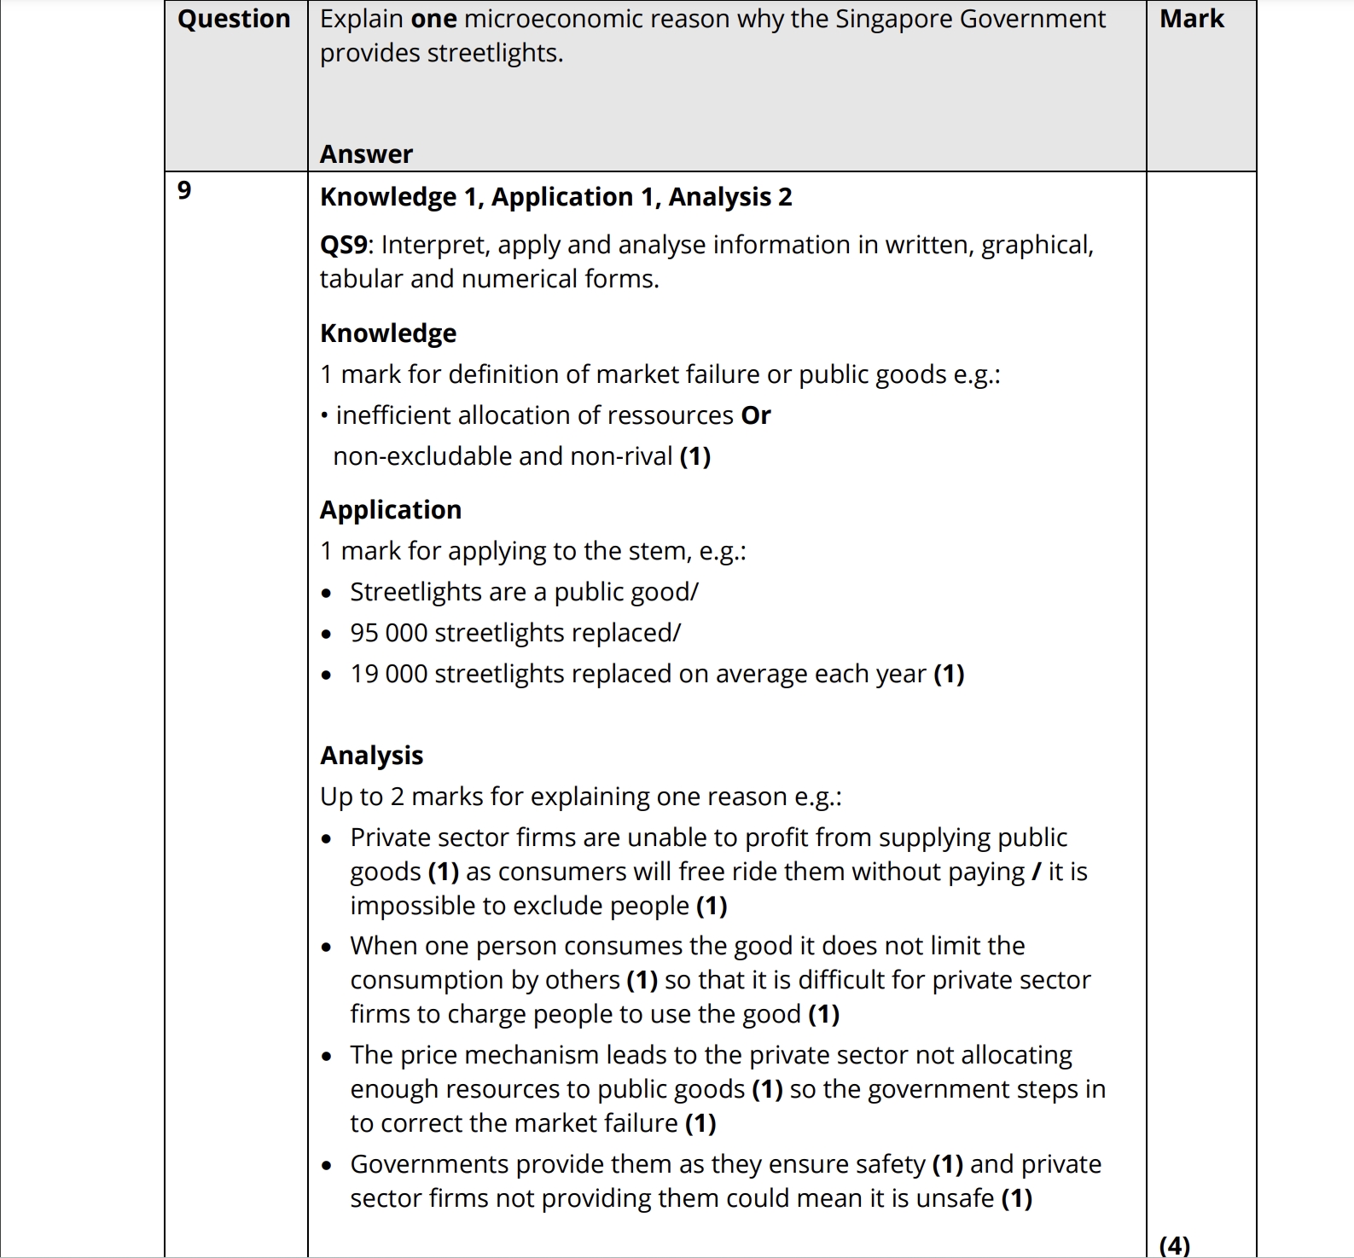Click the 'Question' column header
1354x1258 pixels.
[x=234, y=19]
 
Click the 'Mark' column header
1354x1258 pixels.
[x=1191, y=19]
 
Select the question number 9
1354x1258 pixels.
[x=184, y=190]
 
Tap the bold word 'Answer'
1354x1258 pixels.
[x=366, y=154]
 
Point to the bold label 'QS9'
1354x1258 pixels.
[x=344, y=246]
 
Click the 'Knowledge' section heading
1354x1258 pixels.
[x=388, y=333]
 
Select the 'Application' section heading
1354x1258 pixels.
[x=391, y=510]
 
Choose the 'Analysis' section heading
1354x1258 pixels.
[x=372, y=756]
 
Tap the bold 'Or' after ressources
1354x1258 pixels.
[x=756, y=415]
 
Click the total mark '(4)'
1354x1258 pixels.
[x=1174, y=1246]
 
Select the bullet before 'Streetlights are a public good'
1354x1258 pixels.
[x=327, y=594]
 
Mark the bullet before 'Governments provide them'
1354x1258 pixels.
[x=327, y=1166]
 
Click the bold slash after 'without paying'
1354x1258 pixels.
[x=1036, y=872]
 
